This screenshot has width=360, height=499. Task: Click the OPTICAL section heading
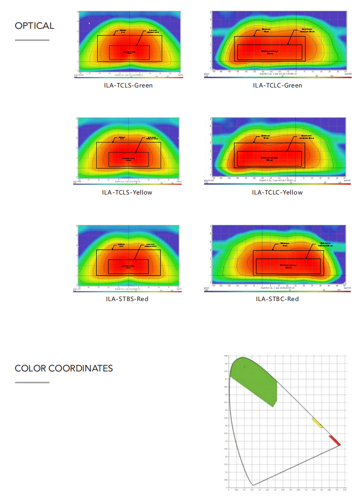pos(34,26)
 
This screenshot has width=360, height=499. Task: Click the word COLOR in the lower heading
pos(31,369)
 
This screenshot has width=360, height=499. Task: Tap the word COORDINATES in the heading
pos(81,369)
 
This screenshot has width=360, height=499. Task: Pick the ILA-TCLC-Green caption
pos(277,86)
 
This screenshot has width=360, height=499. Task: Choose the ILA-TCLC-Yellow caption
pos(277,192)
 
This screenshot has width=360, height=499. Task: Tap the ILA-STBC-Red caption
pos(277,299)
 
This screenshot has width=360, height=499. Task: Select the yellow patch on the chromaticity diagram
pos(318,423)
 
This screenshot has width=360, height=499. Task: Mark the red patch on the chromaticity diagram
pos(335,440)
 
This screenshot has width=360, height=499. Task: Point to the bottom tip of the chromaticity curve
pos(253,485)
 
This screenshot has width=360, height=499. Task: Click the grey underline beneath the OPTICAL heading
pos(32,40)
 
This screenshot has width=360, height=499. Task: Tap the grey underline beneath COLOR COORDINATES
pos(32,382)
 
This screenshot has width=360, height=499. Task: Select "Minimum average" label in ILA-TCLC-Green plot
pos(270,52)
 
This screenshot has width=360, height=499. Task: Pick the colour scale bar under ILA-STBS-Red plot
pos(129,291)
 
